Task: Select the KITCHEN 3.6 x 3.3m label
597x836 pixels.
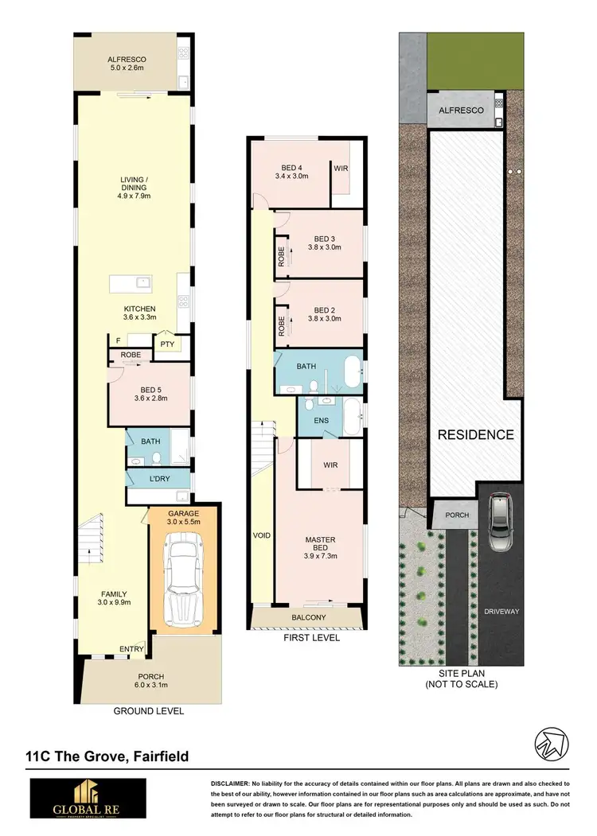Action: [x=139, y=313]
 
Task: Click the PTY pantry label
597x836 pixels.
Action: [x=167, y=344]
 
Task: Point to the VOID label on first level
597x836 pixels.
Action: [x=262, y=535]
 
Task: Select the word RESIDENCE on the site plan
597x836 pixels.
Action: [x=474, y=435]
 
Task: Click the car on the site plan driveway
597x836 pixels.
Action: [x=501, y=523]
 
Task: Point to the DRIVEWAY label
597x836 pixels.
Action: [x=501, y=612]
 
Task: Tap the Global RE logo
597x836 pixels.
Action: [x=87, y=798]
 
